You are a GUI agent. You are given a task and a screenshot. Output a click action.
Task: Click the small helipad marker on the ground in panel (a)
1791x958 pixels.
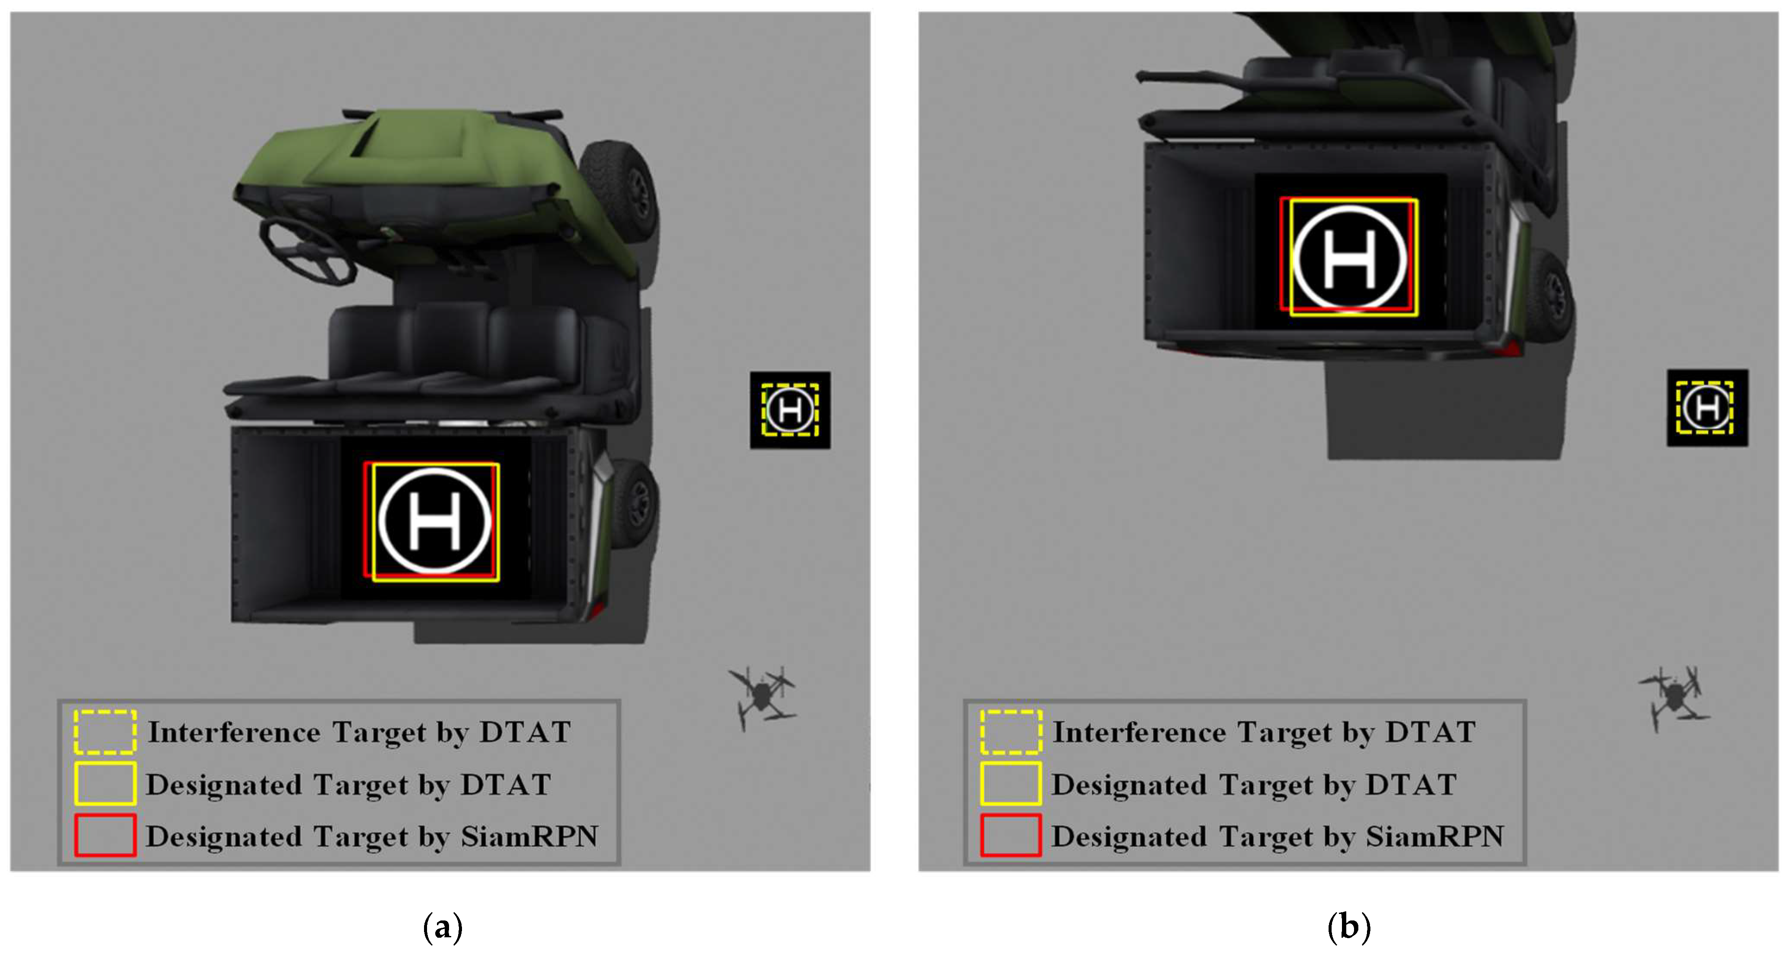[790, 410]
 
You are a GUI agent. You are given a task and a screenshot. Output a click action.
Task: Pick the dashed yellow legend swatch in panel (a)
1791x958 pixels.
[105, 732]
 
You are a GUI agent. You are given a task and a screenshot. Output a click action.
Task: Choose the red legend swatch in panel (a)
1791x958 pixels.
[105, 835]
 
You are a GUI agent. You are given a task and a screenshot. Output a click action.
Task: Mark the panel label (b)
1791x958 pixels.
[1349, 926]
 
